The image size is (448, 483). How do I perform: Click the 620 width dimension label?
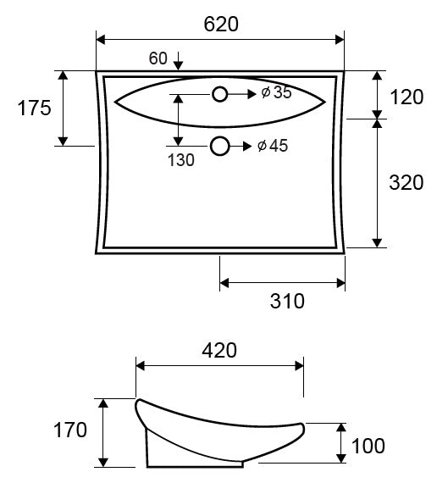[x=221, y=25]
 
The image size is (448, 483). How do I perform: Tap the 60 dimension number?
[x=158, y=58]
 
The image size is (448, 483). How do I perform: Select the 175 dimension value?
[x=34, y=108]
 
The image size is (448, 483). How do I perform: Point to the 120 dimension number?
[x=407, y=97]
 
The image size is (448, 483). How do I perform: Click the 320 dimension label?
[x=407, y=182]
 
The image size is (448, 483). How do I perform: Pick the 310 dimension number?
[x=287, y=301]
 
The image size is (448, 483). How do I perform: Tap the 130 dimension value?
[x=181, y=160]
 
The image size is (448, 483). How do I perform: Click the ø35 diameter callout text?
[x=276, y=92]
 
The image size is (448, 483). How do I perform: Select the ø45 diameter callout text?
[x=273, y=146]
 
